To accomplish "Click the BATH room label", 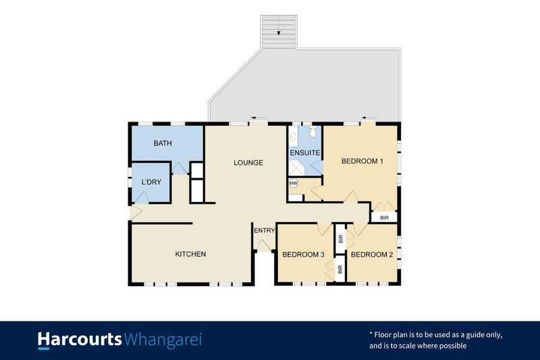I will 163,143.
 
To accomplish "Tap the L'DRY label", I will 150,183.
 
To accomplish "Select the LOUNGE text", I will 248,163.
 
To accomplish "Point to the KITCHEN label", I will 190,254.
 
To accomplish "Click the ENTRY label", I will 264,231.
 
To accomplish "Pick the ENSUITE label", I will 304,153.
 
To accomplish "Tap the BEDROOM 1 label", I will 362,161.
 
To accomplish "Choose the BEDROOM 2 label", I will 371,255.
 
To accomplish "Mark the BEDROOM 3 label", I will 303,255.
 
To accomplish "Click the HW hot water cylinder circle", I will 294,183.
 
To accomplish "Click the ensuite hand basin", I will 292,137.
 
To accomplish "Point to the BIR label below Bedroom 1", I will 384,217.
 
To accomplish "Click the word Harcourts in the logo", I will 80,339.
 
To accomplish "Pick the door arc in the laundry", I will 142,197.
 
